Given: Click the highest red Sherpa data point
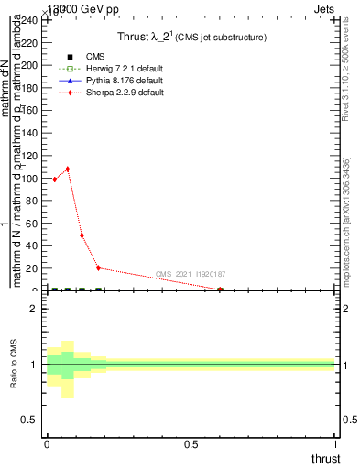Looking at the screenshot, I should pos(68,169).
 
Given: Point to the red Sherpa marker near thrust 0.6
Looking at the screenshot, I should pos(220,289).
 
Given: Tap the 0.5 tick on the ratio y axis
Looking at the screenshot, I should pos(33,420).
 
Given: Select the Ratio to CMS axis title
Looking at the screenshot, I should pos(15,365).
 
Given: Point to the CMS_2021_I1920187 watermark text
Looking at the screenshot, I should pos(191,274).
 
